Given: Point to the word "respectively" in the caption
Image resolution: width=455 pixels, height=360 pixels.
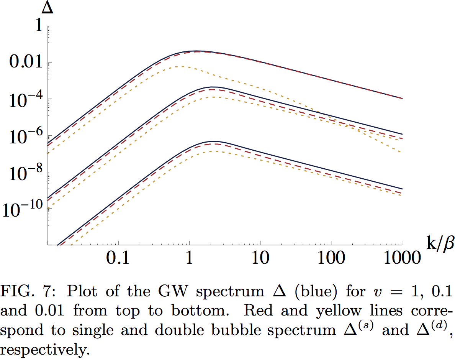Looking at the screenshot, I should click(x=44, y=350).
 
